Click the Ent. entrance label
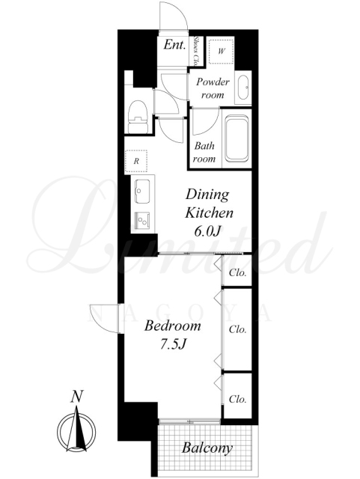(x=174, y=45)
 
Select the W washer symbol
(x=221, y=51)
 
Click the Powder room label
(x=213, y=88)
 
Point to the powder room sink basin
(x=243, y=87)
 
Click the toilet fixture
(x=138, y=117)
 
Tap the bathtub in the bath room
(x=237, y=138)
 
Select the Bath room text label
(x=205, y=152)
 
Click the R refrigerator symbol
(x=136, y=162)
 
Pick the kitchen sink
(x=142, y=192)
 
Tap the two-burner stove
(x=142, y=220)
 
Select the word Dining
(x=207, y=195)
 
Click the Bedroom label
(x=173, y=326)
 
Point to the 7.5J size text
(x=174, y=344)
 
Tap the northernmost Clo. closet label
(x=238, y=272)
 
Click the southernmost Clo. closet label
(x=238, y=399)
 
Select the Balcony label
(x=207, y=448)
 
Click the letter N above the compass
(x=76, y=397)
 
